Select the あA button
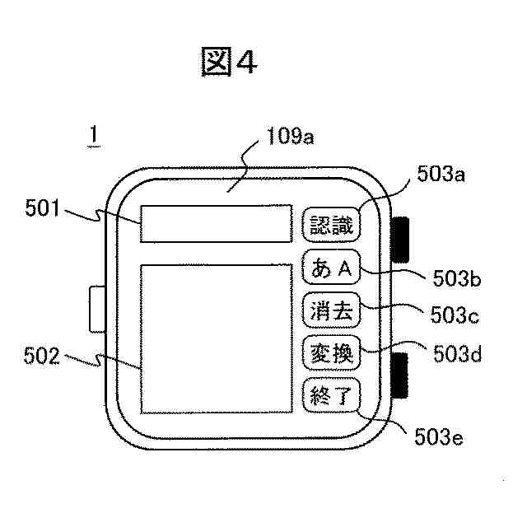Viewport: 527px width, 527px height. coord(331,267)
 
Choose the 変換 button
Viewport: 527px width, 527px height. coord(331,354)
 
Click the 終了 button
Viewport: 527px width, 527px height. coord(331,398)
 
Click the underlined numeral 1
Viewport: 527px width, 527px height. coord(94,136)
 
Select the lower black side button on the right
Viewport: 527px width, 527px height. coord(402,375)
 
